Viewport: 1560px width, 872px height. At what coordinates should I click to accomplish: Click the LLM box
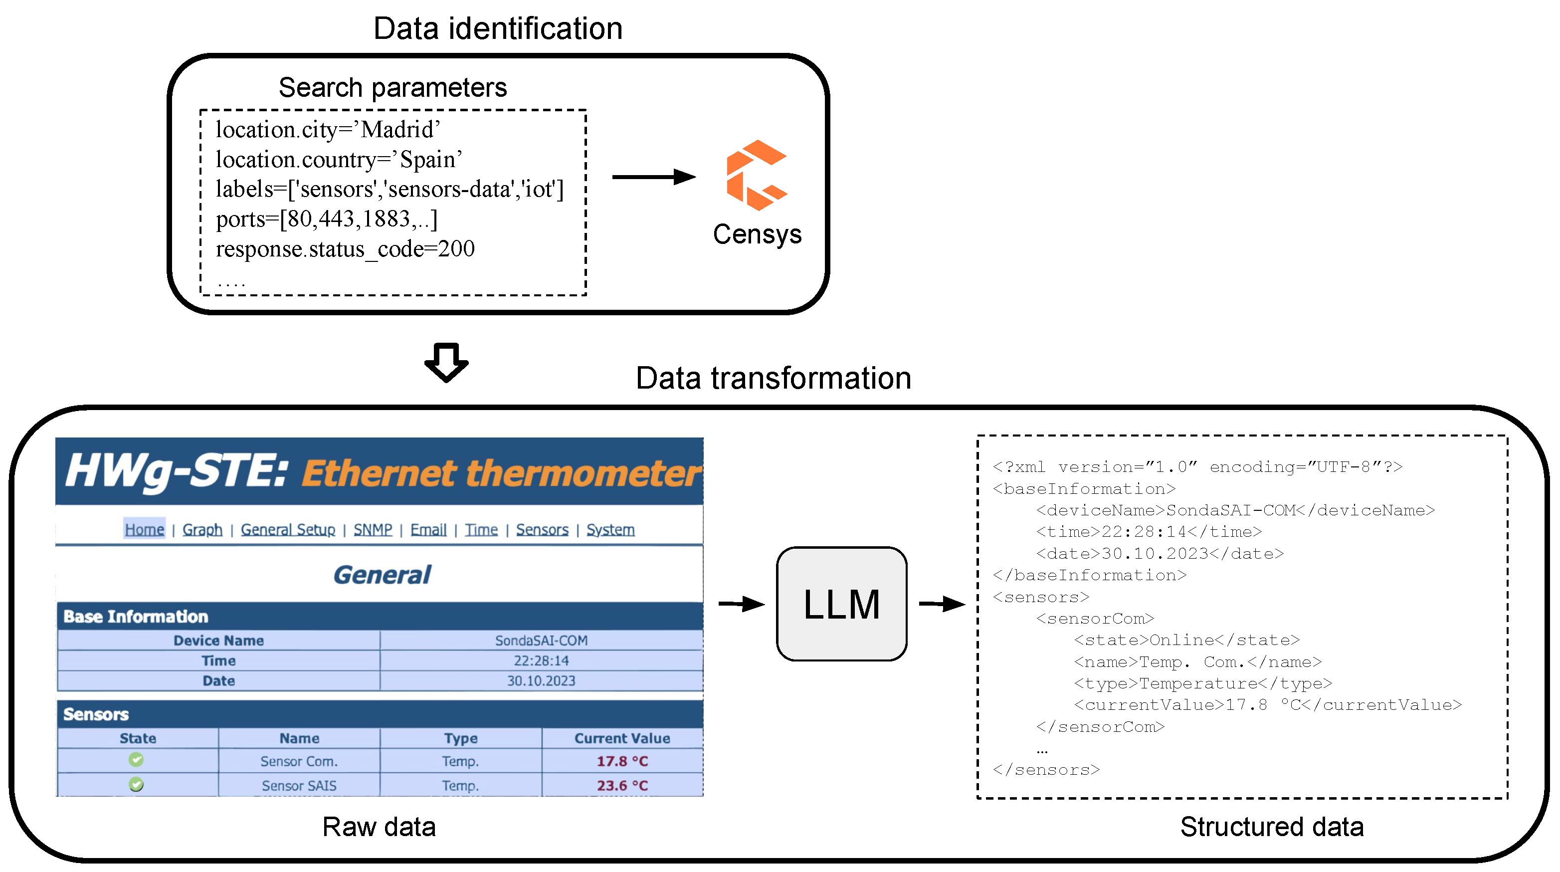841,604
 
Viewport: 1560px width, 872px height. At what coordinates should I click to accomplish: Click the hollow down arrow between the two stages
446,362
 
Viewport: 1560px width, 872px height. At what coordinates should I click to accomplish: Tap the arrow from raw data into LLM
741,604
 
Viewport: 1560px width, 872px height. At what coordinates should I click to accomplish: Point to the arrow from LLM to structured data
941,604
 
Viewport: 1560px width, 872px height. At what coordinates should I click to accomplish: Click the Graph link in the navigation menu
202,530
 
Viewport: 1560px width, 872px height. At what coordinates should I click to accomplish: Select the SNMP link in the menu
373,530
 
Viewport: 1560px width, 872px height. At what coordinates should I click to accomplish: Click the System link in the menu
610,530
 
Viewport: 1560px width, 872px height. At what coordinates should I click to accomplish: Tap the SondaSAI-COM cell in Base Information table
541,640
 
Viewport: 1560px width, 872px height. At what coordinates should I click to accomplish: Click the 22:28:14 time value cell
541,660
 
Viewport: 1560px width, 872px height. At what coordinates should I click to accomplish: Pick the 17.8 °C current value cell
622,761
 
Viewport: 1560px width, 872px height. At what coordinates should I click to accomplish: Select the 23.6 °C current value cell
622,785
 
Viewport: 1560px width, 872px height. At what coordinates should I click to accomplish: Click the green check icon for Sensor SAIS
136,785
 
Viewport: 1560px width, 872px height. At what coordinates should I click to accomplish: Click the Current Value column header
622,738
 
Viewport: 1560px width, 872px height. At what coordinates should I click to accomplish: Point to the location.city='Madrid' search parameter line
328,130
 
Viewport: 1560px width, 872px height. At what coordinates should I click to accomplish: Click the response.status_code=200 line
345,249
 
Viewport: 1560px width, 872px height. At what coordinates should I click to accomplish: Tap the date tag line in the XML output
1159,553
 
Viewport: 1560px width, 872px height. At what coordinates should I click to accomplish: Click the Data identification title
498,28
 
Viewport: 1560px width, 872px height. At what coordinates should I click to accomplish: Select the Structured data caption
1271,827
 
